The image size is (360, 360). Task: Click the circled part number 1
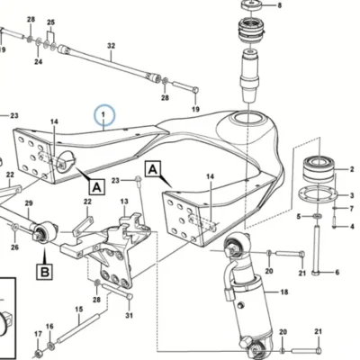coord(103,114)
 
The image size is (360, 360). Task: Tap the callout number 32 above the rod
coord(111,46)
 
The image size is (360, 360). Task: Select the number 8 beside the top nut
coord(280,5)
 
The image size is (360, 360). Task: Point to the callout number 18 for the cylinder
coord(283,292)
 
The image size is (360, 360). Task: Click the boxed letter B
coord(44,272)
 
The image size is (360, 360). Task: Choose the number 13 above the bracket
coord(124,202)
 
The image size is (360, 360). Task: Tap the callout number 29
coord(29,203)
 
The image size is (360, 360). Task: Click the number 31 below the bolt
coord(129,315)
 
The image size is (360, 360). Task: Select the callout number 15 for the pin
coord(78,309)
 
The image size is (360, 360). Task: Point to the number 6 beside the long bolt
coord(337,273)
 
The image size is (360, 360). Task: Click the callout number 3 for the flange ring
coord(352,196)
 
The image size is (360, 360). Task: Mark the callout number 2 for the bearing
coord(352,169)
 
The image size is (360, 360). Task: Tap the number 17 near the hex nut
coord(38,334)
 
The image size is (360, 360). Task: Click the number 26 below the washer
coord(14,247)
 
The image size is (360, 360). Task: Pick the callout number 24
coord(38,62)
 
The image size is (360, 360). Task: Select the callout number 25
coord(51,22)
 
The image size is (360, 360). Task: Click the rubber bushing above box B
coord(44,232)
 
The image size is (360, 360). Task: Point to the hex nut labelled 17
coord(38,353)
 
